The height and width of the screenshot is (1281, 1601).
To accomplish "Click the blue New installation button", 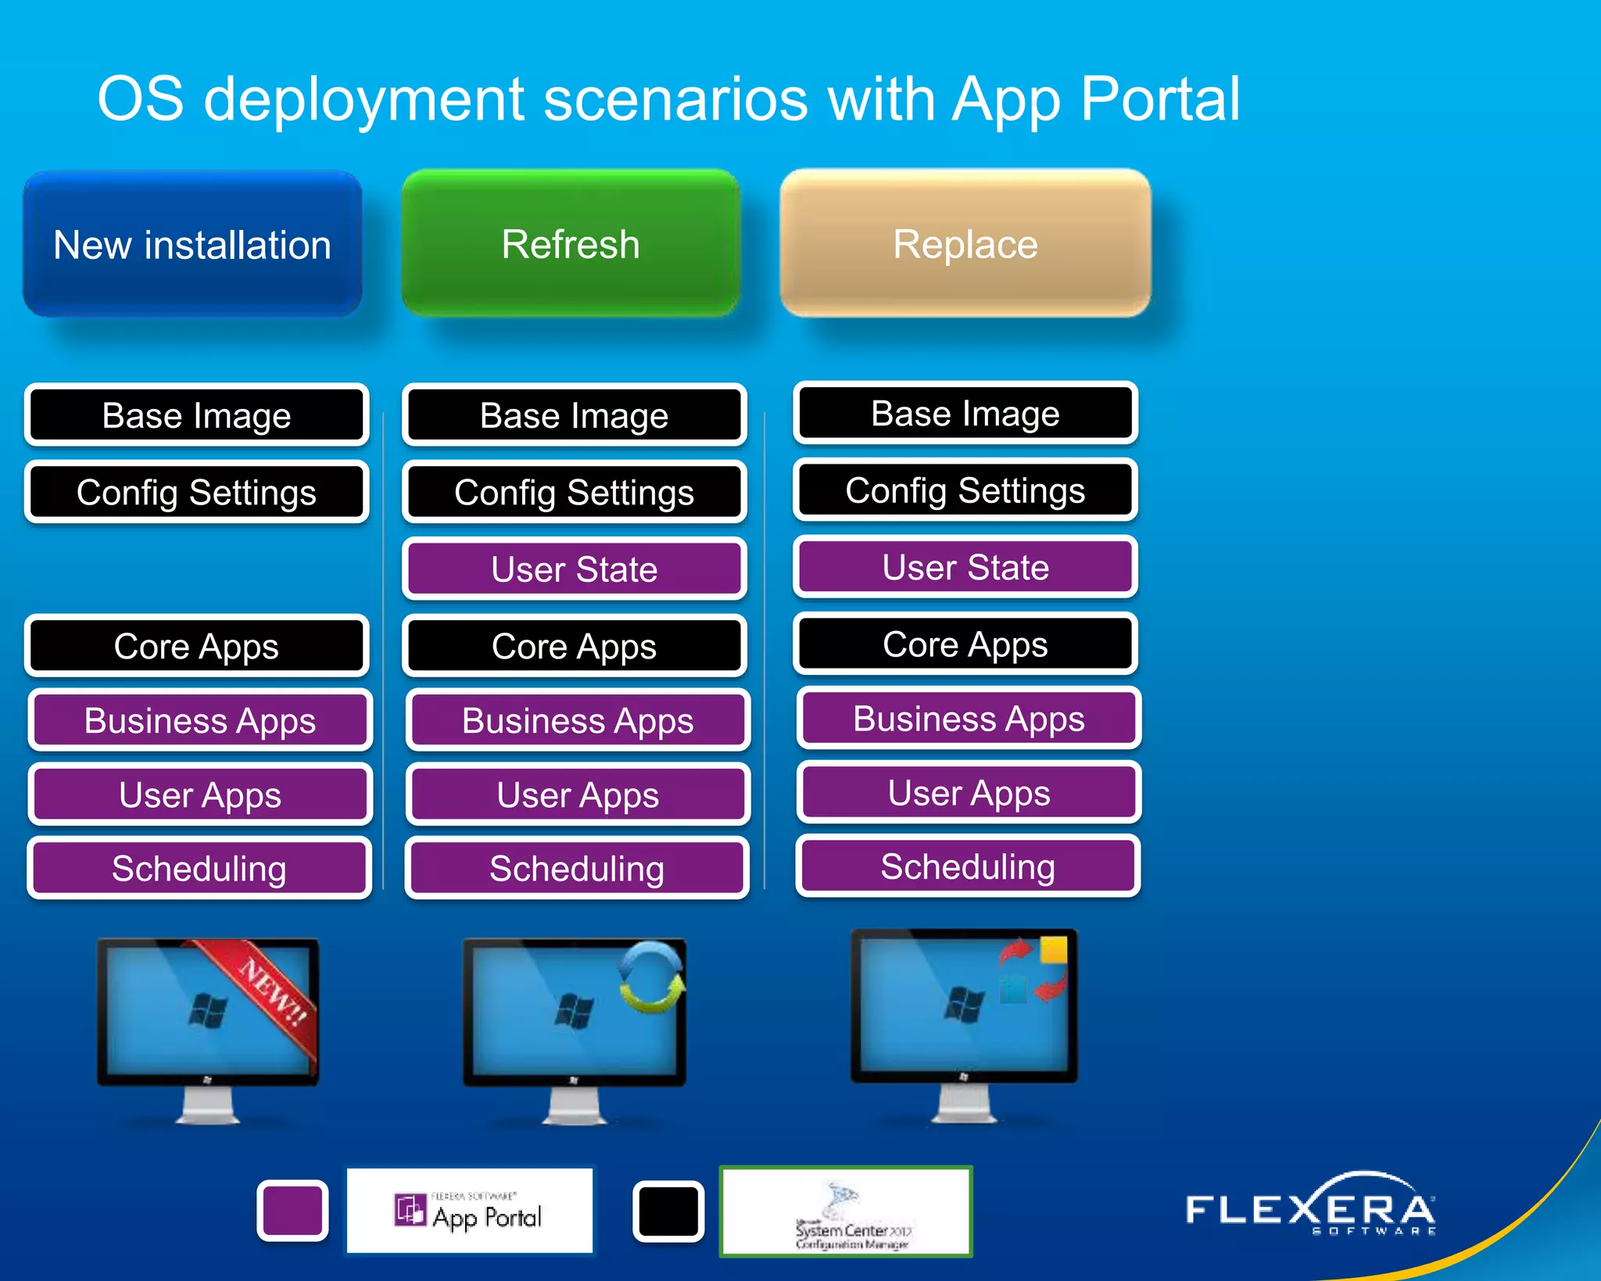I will point(192,244).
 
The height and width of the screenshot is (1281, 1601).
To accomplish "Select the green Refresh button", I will point(571,244).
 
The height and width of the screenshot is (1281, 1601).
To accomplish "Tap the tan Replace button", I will point(965,244).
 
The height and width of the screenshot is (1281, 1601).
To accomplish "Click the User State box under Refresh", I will point(575,569).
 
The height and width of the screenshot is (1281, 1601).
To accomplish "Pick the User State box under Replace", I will point(965,567).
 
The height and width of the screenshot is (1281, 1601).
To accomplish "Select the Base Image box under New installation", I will point(196,414).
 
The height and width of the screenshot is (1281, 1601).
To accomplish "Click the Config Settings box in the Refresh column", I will point(575,492).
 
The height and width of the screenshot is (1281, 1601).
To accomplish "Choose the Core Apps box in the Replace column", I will point(965,644).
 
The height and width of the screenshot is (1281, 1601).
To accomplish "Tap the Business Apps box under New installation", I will point(200,720).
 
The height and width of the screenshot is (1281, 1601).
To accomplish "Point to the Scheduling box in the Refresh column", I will point(577,868).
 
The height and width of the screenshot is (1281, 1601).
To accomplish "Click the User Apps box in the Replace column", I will point(969,793).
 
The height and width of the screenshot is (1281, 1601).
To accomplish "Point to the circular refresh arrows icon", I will point(651,977).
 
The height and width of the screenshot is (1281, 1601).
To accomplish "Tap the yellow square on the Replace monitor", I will point(1053,949).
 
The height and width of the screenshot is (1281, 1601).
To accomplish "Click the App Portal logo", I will point(470,1211).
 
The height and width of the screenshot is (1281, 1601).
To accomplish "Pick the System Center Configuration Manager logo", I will point(846,1211).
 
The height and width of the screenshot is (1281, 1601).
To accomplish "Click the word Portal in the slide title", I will point(1160,99).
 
